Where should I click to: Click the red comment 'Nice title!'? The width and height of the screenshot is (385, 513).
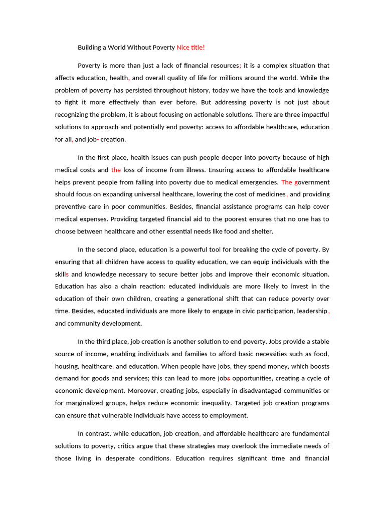[x=190, y=48]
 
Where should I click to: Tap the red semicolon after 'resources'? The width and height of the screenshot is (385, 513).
[x=241, y=66]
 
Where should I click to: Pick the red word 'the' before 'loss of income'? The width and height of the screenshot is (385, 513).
[x=116, y=170]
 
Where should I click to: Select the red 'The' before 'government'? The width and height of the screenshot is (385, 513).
[x=286, y=182]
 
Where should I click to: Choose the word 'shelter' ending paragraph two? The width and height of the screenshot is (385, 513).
[x=261, y=231]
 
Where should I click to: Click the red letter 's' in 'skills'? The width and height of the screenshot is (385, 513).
[x=67, y=274]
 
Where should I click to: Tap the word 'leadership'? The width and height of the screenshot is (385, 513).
[x=311, y=311]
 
